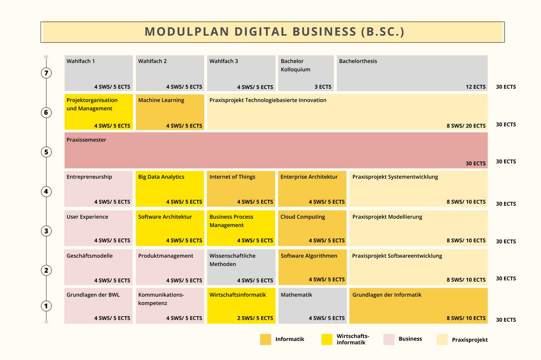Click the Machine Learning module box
[170, 112]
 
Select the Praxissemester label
[87, 140]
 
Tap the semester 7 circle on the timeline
[46, 73]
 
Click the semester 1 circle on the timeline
[46, 306]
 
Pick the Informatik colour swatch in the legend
[266, 339]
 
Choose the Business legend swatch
[389, 339]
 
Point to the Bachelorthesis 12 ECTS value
[476, 87]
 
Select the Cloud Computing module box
[312, 228]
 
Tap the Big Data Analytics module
[170, 188]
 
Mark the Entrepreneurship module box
[98, 188]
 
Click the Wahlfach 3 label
[224, 61]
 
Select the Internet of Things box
[241, 188]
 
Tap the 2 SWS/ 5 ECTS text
[255, 318]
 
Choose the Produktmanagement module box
[170, 267]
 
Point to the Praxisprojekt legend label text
[470, 340]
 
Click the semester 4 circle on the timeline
[46, 191]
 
